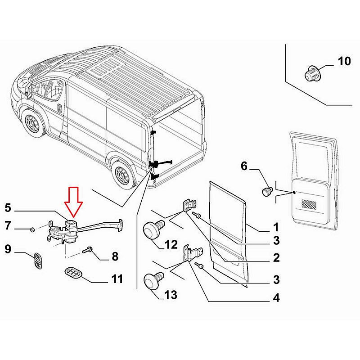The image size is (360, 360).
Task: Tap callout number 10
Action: [344, 61]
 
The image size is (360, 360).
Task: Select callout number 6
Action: [244, 166]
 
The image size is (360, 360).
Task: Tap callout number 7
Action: [8, 225]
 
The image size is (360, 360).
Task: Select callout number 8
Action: [114, 256]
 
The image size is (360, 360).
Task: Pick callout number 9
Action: [8, 248]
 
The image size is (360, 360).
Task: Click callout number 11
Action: [117, 279]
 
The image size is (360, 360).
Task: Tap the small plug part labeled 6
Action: [266, 191]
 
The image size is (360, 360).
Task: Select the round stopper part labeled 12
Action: [152, 230]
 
